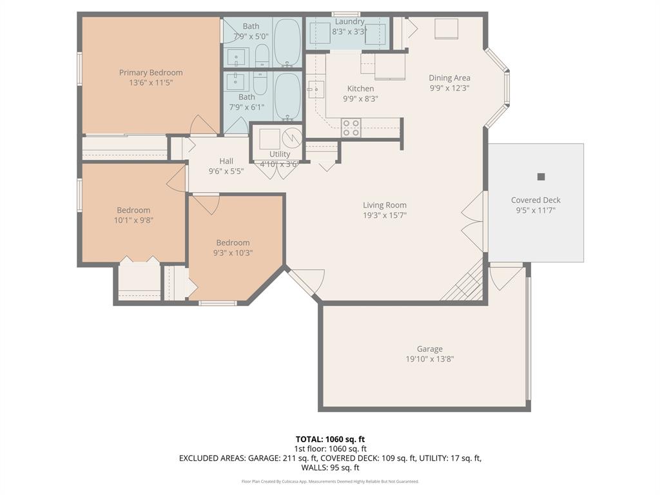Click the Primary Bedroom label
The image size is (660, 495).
tap(151, 73)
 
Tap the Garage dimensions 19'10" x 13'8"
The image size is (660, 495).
tap(429, 360)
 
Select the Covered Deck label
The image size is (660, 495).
tap(536, 200)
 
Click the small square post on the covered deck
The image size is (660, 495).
tap(541, 177)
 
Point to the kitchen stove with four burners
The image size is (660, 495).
tap(351, 128)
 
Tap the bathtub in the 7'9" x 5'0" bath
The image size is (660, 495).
tap(287, 43)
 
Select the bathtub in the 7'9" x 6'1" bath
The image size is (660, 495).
tap(287, 97)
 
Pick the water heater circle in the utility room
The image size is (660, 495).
tap(293, 137)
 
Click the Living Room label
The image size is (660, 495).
tap(384, 206)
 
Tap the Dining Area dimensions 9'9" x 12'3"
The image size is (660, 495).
tap(449, 88)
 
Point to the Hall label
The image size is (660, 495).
tap(226, 161)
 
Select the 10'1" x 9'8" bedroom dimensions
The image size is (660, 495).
tap(133, 220)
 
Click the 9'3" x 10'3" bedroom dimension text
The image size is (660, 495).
tap(233, 253)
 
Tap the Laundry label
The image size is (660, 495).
tap(349, 21)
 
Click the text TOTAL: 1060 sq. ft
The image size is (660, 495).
tap(330, 439)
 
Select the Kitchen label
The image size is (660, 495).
tap(360, 89)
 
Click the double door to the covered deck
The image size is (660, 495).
tap(474, 221)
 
